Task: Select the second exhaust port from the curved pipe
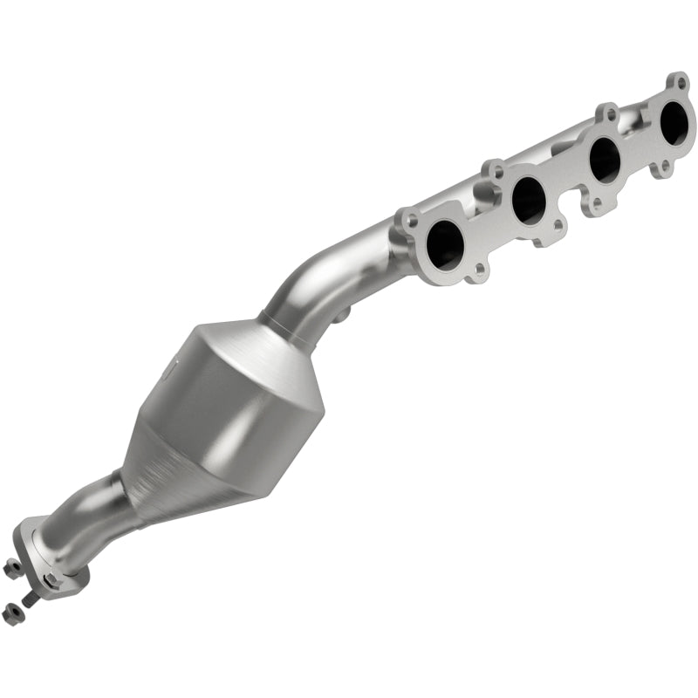(x=529, y=201)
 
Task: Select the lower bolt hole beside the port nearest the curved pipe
(x=476, y=277)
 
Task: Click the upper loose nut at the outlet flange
(x=13, y=569)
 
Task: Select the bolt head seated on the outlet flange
(x=51, y=579)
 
